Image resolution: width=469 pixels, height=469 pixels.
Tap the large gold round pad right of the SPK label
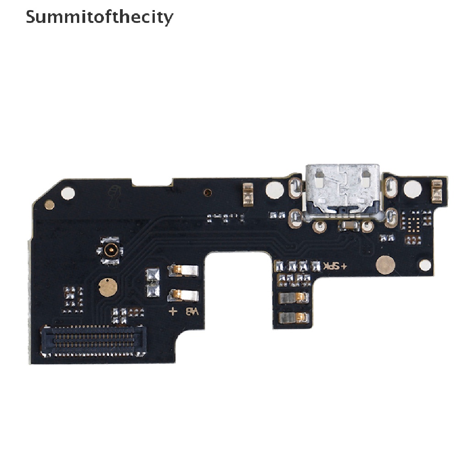coord(386,265)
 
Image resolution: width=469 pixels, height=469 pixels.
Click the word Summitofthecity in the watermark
coord(99,17)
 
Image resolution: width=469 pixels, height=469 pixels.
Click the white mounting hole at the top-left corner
coord(68,193)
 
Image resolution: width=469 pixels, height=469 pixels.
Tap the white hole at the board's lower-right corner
coord(425,265)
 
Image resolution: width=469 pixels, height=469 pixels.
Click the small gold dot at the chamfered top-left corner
coord(49,205)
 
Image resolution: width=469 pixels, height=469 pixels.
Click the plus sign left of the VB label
coord(173,312)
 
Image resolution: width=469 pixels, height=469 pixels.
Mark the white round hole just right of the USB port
coord(412,189)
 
